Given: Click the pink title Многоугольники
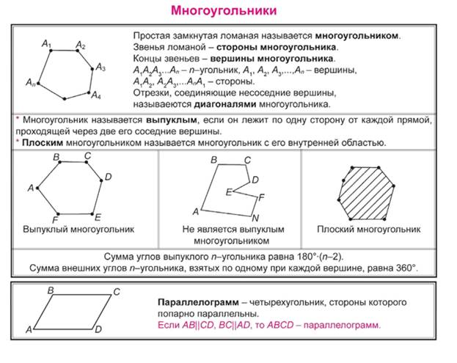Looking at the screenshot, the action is point(224,11).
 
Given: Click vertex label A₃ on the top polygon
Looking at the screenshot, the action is point(100,67).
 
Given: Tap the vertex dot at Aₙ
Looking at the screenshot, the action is point(38,84).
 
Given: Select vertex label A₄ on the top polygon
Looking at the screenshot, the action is point(96,95).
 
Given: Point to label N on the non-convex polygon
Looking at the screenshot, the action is point(255,218).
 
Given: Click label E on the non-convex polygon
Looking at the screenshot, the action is point(229,192).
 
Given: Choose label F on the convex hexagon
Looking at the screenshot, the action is point(55,220).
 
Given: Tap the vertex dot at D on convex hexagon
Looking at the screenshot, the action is point(101,180).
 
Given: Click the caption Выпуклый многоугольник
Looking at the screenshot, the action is point(78,230).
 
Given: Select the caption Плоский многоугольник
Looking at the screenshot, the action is point(369,230).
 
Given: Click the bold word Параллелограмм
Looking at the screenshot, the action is point(198,303).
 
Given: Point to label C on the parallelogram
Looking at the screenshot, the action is point(117,292).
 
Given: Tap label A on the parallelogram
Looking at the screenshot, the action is point(29,330).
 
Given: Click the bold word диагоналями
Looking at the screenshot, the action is point(225,104).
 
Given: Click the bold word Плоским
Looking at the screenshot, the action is point(43,143).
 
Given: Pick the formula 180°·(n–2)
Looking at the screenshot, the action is point(320,257).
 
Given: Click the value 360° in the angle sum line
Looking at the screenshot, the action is point(406,268).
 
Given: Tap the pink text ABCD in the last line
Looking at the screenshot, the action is point(280,325).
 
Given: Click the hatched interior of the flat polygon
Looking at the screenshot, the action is point(367,193).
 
